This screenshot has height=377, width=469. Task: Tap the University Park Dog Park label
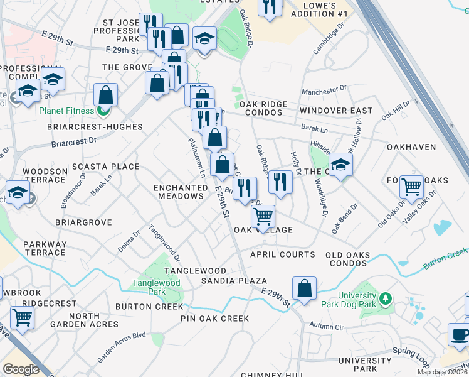point(361,301)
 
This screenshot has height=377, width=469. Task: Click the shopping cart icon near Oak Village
point(263,217)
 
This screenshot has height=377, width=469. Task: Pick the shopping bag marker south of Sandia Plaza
point(305,290)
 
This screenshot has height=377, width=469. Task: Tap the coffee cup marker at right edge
point(460,334)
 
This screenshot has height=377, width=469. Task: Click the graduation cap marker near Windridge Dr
point(340,165)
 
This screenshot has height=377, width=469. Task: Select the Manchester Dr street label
point(324,92)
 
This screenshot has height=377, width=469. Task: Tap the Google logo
point(21,369)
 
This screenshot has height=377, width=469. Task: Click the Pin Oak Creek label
point(215,319)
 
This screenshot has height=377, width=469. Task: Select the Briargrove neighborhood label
point(83,222)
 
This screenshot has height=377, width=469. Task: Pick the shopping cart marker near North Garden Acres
point(22,317)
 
